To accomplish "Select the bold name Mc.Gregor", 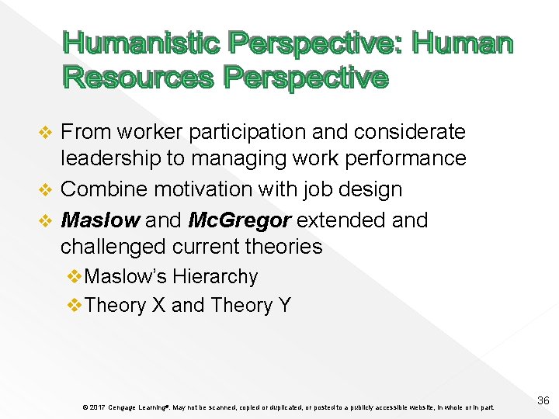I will pyautogui.click(x=239, y=220).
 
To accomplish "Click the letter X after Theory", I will pyautogui.click(x=158, y=305).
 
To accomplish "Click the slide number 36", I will pyautogui.click(x=543, y=400).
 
